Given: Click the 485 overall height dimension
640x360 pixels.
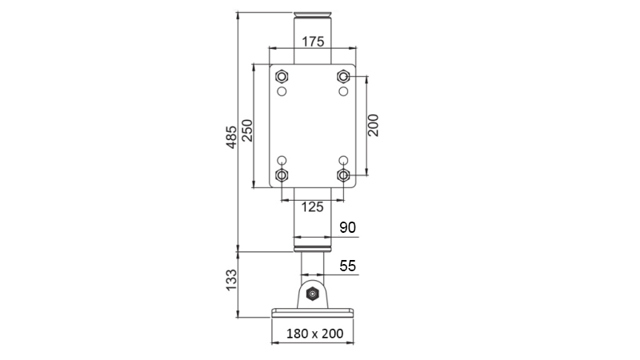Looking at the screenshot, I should tap(230, 137).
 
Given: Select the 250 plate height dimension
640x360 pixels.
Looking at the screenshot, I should tap(247, 130).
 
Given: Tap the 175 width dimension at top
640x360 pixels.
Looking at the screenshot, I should tap(313, 41).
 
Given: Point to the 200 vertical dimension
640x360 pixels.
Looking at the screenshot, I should tap(374, 126).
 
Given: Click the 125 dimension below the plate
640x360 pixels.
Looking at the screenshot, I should tap(312, 206).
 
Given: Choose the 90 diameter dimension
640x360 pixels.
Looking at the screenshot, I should tap(347, 227).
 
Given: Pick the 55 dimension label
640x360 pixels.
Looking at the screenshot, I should tap(347, 266).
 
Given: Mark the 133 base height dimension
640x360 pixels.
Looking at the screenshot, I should tap(230, 281).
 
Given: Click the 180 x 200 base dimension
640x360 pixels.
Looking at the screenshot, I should tap(312, 333).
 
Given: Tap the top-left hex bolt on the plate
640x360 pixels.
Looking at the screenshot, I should tap(281, 77).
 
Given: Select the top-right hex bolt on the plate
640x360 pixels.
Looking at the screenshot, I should tap(343, 77).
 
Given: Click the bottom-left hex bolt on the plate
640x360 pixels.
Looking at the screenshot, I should tap(281, 175).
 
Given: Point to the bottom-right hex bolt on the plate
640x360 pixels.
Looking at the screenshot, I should tap(343, 175).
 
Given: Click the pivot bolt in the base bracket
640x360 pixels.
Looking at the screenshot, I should tap(312, 295).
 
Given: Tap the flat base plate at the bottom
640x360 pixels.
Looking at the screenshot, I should tap(312, 313).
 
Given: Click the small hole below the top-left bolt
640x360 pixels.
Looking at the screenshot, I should tap(281, 92).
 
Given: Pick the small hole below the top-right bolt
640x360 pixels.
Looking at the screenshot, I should tap(343, 92).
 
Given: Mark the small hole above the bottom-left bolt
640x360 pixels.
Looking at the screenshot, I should tap(281, 160).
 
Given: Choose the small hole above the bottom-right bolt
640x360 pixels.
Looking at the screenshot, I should tap(343, 160).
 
